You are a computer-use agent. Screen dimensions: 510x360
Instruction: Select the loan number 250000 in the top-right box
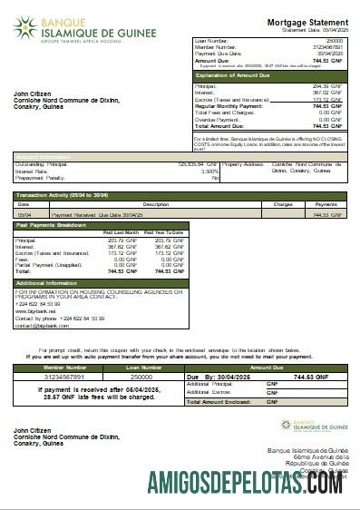pos(334,42)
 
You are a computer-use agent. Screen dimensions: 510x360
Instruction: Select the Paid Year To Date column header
pos(163,233)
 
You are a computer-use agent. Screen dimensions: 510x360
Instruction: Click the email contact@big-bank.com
pos(37,324)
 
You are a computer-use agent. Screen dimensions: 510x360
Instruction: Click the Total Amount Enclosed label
pos(219,400)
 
